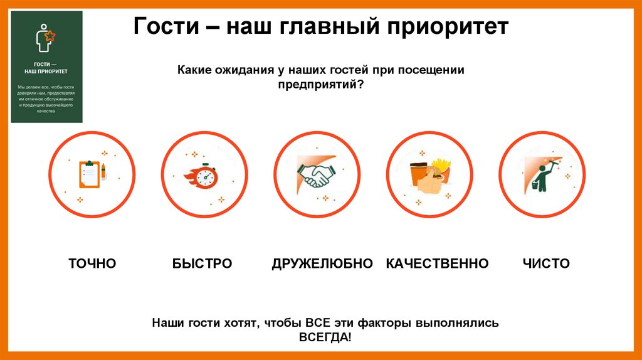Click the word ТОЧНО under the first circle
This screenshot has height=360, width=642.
tap(92, 263)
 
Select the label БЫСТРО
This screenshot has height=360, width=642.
tap(202, 263)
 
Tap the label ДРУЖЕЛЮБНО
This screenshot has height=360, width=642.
tap(322, 263)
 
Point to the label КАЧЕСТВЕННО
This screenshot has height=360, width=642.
tap(437, 263)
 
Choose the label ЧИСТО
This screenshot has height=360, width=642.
tap(546, 263)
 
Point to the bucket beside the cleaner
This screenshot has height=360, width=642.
tap(535, 186)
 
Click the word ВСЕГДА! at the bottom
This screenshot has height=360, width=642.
tap(325, 337)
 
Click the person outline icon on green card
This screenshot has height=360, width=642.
tap(44, 38)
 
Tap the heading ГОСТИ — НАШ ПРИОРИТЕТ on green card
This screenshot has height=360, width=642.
tap(46, 68)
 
